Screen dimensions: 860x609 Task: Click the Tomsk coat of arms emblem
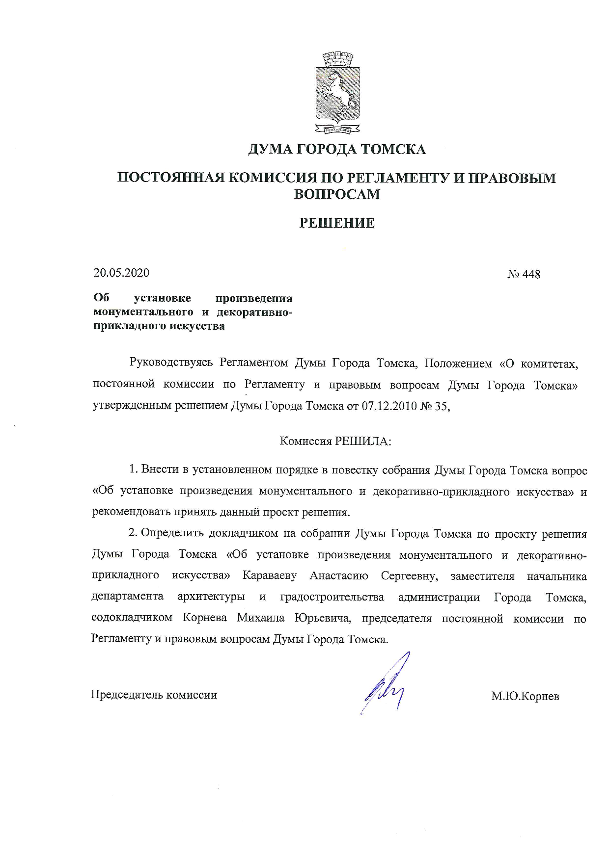tap(337, 93)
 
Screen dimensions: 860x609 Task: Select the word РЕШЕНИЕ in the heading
tap(337, 223)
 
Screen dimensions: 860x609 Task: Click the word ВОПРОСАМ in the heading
tap(337, 194)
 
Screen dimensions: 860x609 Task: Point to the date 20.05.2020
tap(121, 273)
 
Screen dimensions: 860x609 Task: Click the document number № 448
tap(524, 274)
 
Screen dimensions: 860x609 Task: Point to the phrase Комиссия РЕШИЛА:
tap(336, 441)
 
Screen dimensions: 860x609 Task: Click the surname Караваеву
tap(269, 575)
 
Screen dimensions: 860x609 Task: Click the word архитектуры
tap(211, 597)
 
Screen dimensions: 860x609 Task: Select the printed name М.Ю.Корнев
tap(525, 696)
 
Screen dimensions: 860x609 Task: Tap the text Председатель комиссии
tap(154, 695)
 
